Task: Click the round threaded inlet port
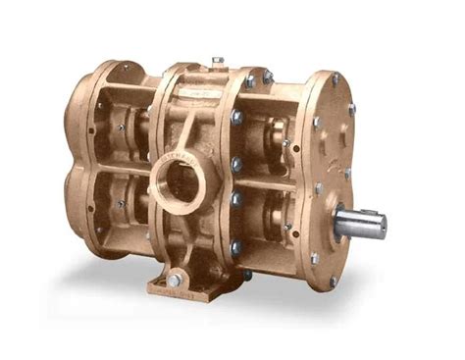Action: click(x=180, y=182)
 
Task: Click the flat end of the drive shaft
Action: click(x=380, y=226)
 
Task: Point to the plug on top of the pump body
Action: click(x=218, y=62)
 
